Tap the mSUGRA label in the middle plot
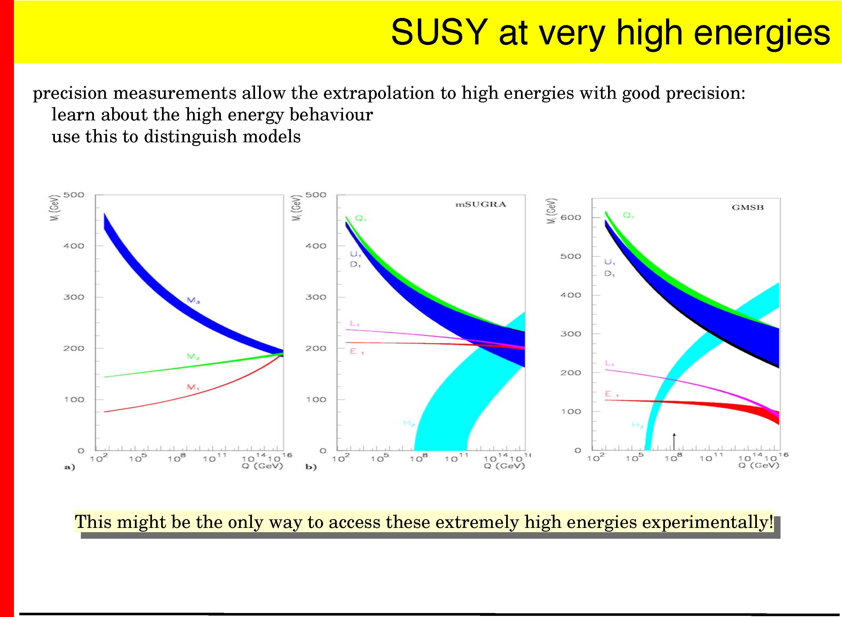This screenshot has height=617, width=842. point(480,204)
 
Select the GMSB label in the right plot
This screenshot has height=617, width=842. point(747,208)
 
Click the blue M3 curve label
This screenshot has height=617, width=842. point(193,300)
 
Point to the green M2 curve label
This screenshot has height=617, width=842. point(193,357)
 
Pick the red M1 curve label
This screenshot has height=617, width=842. point(193,387)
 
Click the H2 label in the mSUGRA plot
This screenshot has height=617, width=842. point(409,423)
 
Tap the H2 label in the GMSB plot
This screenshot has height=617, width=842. point(637,425)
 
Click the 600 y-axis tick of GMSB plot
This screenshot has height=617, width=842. point(570,217)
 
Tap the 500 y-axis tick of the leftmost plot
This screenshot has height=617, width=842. point(74,195)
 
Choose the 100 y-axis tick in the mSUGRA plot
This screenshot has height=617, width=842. point(316,399)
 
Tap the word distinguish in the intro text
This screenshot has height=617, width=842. point(190,137)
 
